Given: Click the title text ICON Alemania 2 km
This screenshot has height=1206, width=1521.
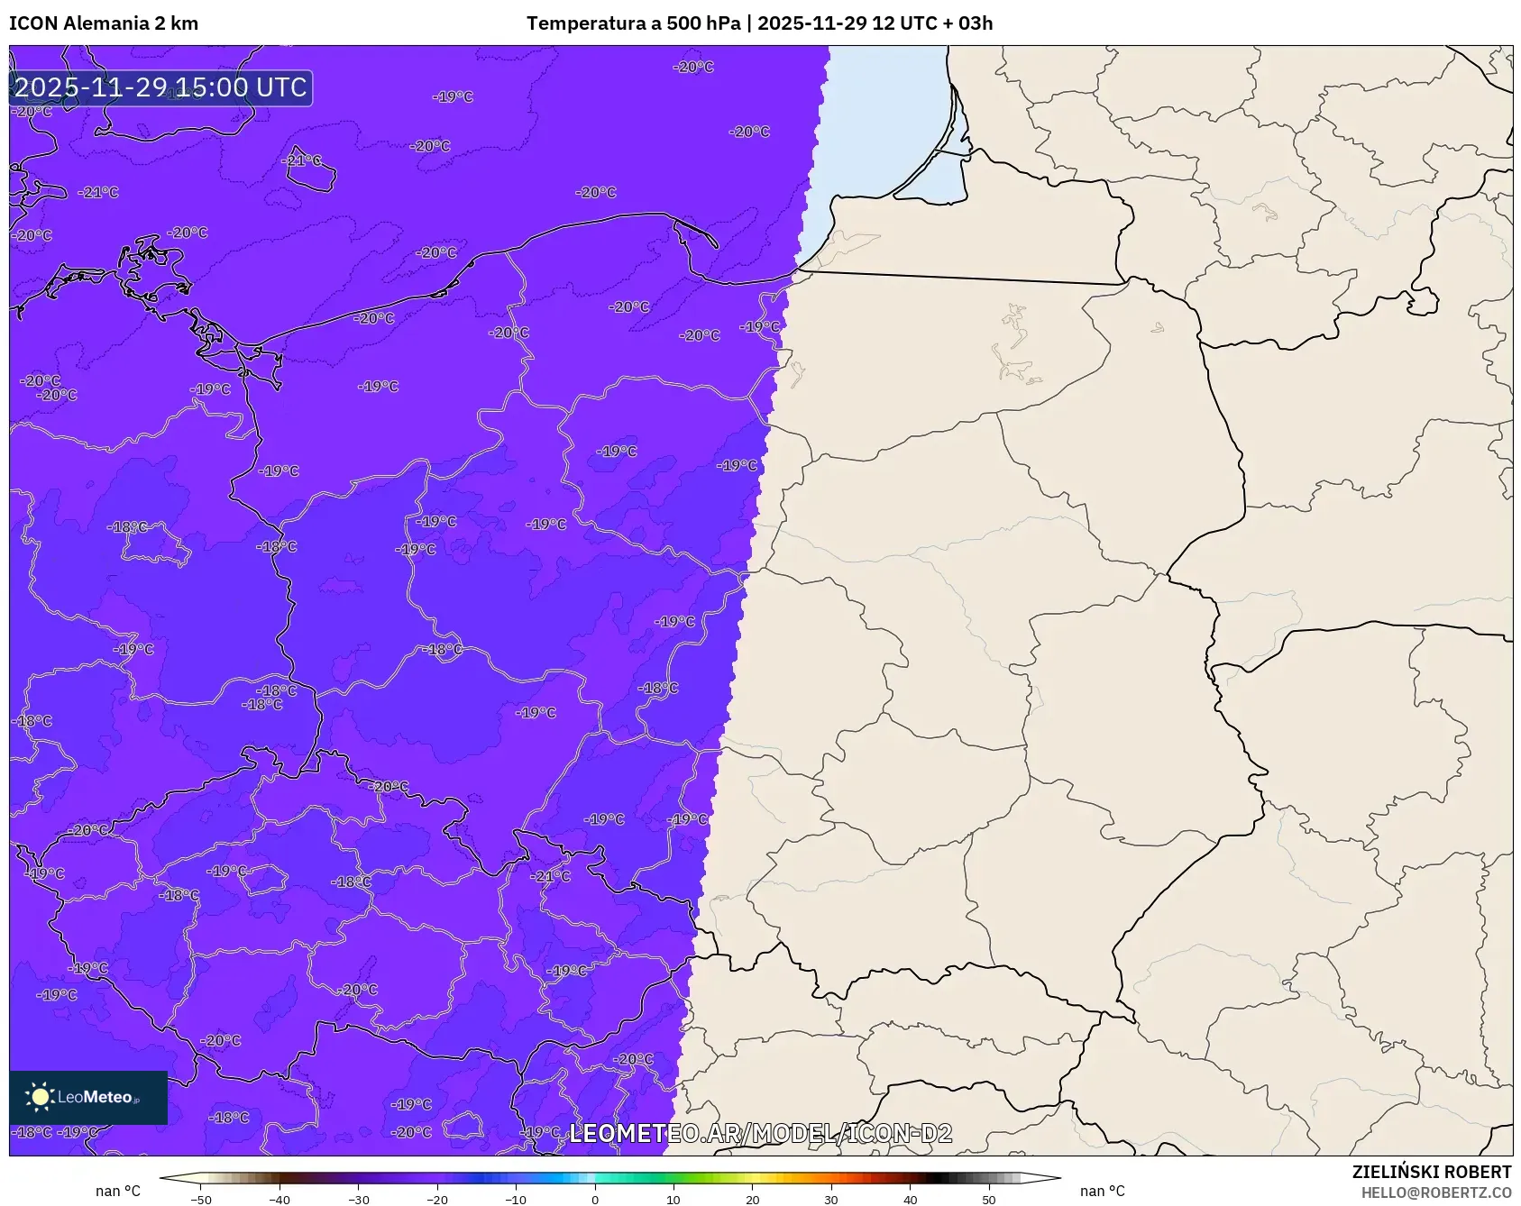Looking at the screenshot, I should tap(104, 23).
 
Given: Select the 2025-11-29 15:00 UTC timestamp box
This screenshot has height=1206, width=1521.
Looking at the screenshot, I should tap(161, 87).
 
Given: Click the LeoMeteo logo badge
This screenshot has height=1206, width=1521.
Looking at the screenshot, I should tap(88, 1097).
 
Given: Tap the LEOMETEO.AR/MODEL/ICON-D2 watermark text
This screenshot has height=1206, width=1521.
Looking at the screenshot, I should tap(760, 1133).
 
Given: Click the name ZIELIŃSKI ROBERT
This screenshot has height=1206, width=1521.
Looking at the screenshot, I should tap(1431, 1172).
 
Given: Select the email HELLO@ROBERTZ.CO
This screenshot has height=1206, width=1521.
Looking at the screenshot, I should tap(1435, 1192).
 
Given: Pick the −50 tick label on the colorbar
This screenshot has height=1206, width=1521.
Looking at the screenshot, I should tap(201, 1200).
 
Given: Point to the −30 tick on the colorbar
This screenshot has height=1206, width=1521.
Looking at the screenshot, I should tap(359, 1200).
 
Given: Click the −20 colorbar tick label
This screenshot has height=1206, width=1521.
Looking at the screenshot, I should tap(437, 1200).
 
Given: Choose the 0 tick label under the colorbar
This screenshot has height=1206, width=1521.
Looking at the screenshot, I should tap(595, 1200).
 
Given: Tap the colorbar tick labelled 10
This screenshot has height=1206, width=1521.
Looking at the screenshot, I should tap(673, 1200).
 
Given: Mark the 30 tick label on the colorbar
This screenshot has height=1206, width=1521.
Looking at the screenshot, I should tap(831, 1200).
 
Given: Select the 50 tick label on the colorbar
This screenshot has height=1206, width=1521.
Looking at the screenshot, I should tap(989, 1200).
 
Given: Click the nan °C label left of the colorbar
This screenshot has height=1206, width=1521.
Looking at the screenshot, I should tap(118, 1191).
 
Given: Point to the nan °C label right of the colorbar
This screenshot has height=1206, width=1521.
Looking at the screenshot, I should tap(1102, 1191).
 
